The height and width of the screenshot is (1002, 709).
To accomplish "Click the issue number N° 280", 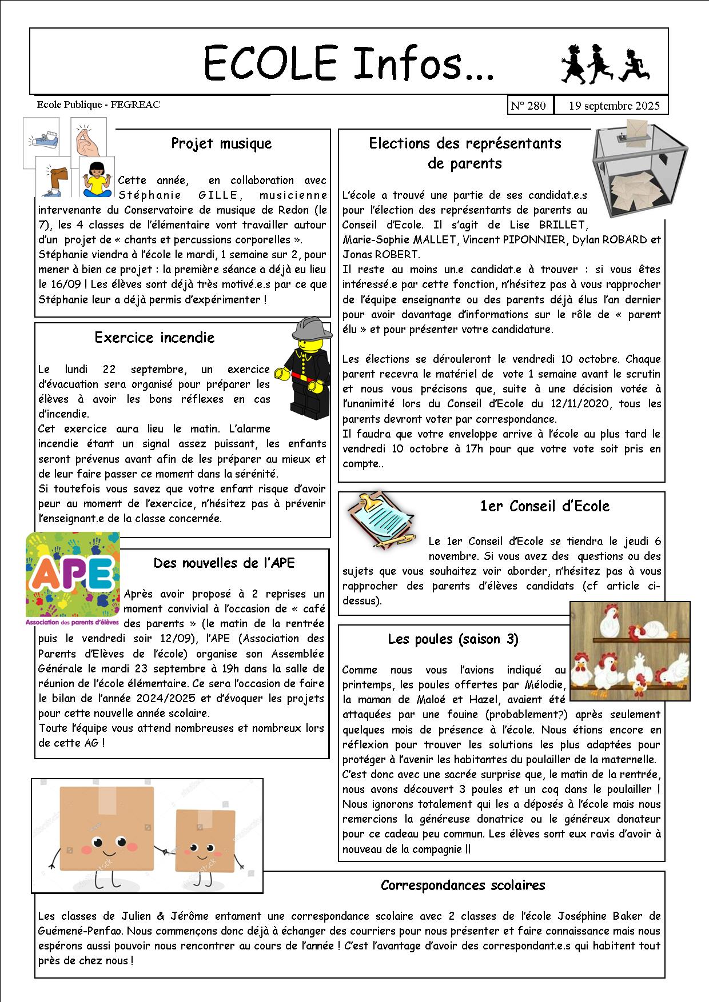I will coord(528,106).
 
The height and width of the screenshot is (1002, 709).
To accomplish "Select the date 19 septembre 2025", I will coord(614,106).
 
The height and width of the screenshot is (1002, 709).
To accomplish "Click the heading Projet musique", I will coord(221,143).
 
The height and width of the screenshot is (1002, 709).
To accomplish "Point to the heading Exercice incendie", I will coord(154,338).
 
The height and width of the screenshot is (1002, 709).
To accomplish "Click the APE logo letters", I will coord(72,574).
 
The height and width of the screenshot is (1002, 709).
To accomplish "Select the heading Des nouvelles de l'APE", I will coord(224,563).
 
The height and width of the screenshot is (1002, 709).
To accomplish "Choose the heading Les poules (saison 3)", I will coord(453,639).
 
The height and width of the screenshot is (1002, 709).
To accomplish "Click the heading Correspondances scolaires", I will coord(463,885).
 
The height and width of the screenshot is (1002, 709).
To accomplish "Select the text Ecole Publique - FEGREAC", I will coord(98,105).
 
